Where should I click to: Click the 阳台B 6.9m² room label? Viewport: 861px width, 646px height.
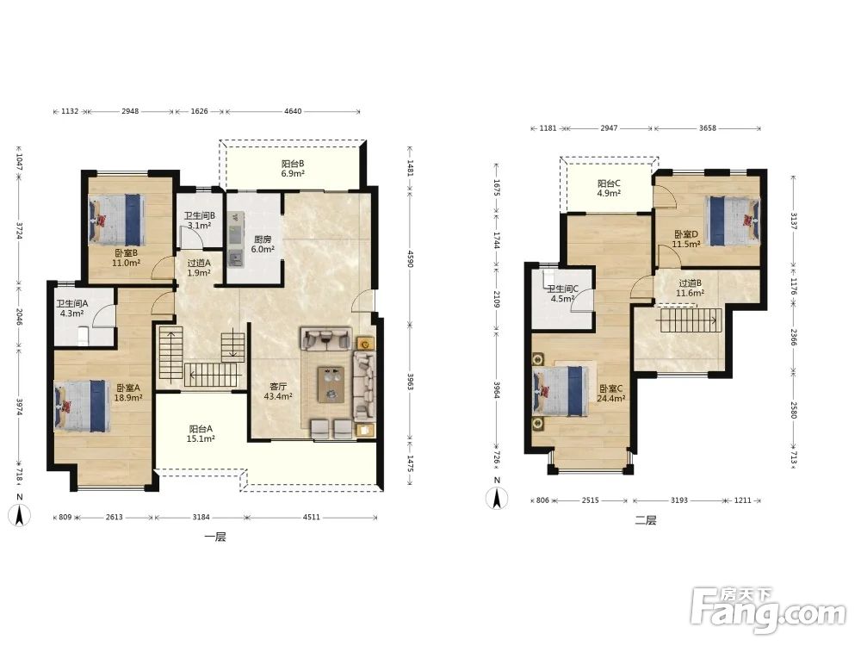[x=293, y=169]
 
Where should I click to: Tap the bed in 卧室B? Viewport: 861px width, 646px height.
[x=117, y=220]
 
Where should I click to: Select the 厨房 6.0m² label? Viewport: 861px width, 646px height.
[x=262, y=244]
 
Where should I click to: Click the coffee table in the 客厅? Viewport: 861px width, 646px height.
[x=331, y=384]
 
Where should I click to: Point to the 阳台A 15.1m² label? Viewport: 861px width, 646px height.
[x=201, y=433]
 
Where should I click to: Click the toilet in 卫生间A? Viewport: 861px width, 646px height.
[x=83, y=335]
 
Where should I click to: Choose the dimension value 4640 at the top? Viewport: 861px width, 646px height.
[x=293, y=111]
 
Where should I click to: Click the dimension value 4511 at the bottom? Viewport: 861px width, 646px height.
[x=311, y=517]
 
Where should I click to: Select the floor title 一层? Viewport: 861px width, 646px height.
[x=214, y=537]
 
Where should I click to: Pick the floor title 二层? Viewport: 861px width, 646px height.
[x=645, y=519]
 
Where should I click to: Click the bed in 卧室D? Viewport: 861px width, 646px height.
[x=733, y=221]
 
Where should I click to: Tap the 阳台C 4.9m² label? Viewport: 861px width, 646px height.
[x=609, y=189]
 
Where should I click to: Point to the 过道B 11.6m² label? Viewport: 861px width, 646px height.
[x=691, y=289]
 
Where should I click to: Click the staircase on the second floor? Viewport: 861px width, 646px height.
[x=691, y=320]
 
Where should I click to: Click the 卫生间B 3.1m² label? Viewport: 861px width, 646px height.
[x=200, y=221]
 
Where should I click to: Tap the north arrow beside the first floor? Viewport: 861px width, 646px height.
[x=20, y=515]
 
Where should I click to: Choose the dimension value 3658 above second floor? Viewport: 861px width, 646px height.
[x=707, y=128]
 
